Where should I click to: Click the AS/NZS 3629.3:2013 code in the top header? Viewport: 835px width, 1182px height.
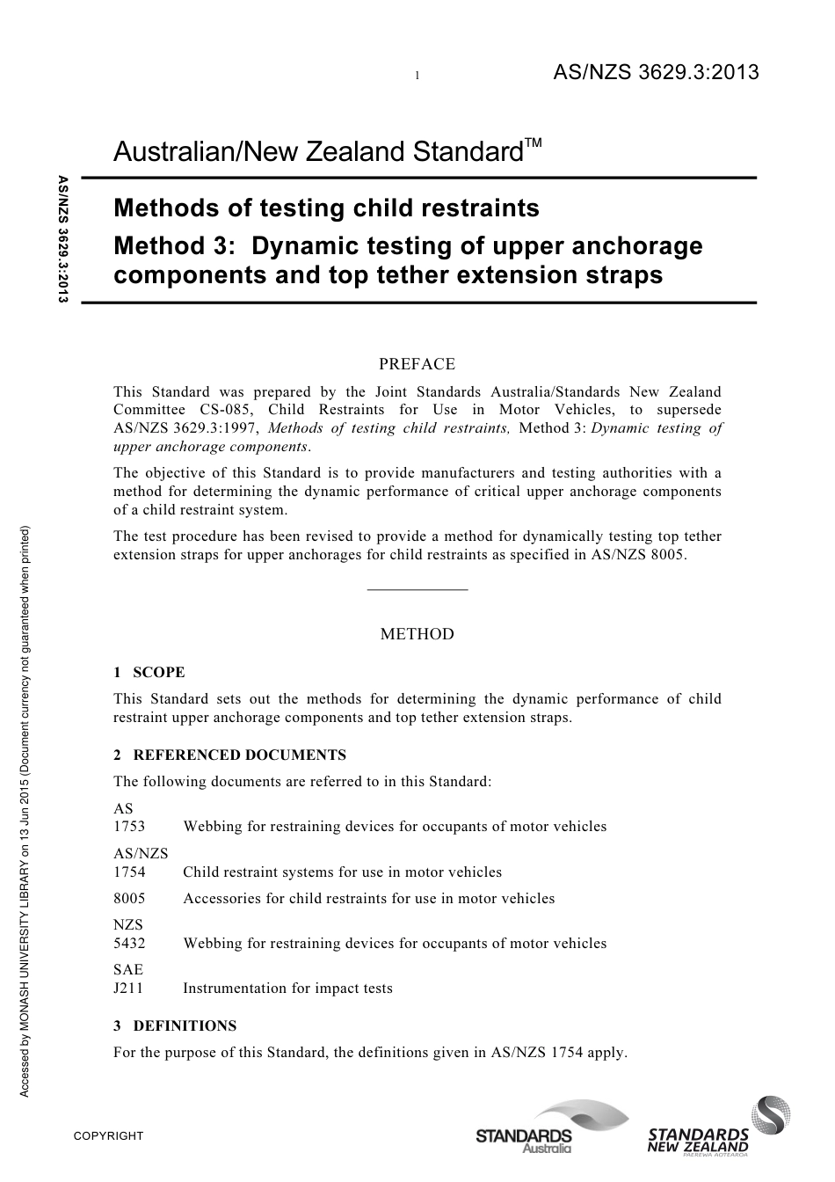click(655, 73)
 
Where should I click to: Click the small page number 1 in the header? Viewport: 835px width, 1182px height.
click(417, 77)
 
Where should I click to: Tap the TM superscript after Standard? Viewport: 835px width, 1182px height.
click(533, 142)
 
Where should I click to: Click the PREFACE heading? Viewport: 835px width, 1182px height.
click(417, 364)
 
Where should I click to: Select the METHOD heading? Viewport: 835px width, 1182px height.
click(417, 634)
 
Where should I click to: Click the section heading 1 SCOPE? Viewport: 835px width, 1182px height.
click(149, 673)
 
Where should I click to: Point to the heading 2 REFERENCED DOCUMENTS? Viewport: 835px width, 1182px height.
click(229, 755)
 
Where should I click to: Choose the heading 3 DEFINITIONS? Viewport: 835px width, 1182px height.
click(175, 1025)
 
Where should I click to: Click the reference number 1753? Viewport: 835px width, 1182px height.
click(129, 827)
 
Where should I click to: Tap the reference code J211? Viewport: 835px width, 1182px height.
click(128, 989)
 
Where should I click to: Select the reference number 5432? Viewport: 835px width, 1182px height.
click(129, 944)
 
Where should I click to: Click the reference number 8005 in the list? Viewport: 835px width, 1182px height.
click(129, 899)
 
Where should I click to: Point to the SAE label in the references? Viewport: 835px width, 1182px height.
click(128, 970)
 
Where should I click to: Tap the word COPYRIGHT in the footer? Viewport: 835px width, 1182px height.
click(108, 1136)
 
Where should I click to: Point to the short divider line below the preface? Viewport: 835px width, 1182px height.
click(417, 589)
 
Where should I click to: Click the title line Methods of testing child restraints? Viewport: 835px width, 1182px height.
click(326, 208)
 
